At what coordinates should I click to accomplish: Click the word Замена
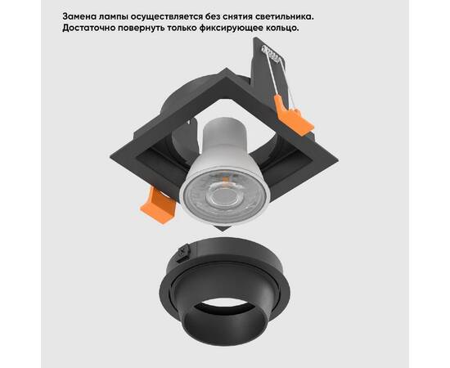click(x=82, y=15)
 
